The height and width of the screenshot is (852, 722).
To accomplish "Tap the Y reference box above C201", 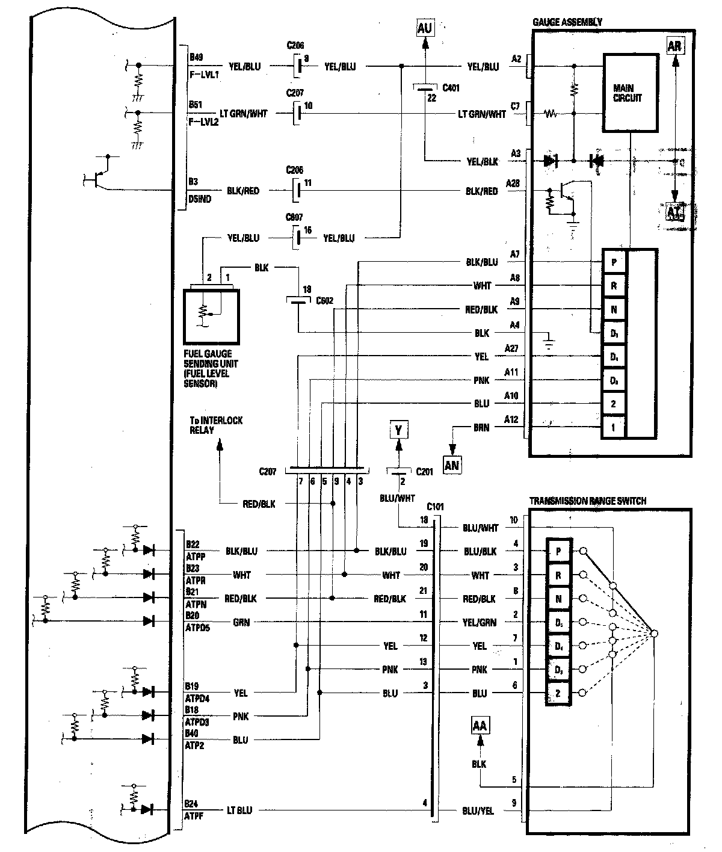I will coord(398,430).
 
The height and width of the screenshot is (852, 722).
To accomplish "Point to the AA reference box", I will coord(480,726).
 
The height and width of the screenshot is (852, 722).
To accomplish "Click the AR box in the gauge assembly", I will coord(674,46).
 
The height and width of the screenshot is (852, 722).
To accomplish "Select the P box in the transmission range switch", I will coord(558,551).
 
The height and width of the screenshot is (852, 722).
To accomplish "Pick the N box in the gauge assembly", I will coord(614,310).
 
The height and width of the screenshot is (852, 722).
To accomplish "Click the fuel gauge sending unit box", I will coord(211,316).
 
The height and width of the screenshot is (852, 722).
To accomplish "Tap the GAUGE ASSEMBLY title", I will coord(567,22).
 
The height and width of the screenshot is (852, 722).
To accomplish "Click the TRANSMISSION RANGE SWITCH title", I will coord(588,501).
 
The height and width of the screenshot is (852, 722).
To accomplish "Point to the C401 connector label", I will coord(451,88).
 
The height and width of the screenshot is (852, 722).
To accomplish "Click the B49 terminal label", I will coord(196,58).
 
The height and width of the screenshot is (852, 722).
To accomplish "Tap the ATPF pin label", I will coord(194,816).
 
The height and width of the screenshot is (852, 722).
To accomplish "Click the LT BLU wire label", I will coord(239,810).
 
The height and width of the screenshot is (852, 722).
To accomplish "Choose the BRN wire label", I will coord(481,427).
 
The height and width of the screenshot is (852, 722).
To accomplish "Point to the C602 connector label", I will coord(325,301).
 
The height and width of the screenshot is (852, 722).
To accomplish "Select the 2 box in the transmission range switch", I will coord(558,693).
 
